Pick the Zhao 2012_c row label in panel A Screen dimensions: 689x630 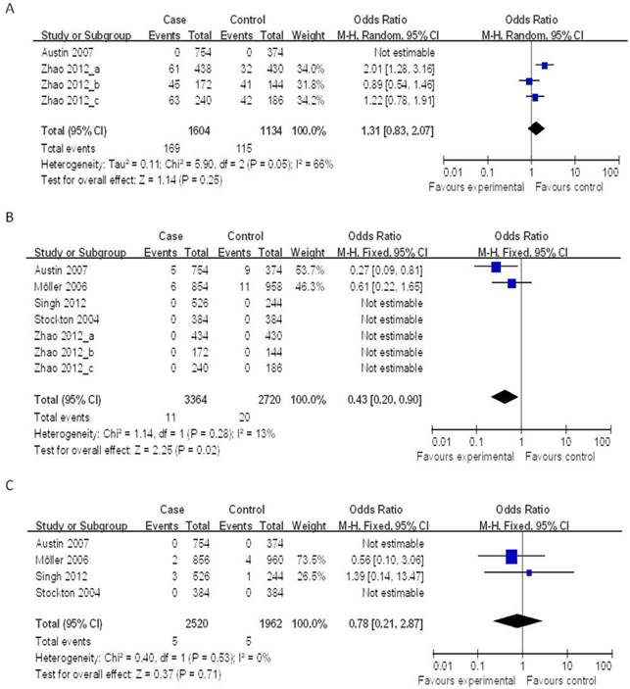point(70,97)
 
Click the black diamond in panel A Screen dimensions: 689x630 point(536,127)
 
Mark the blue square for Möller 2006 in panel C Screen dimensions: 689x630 point(510,557)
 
